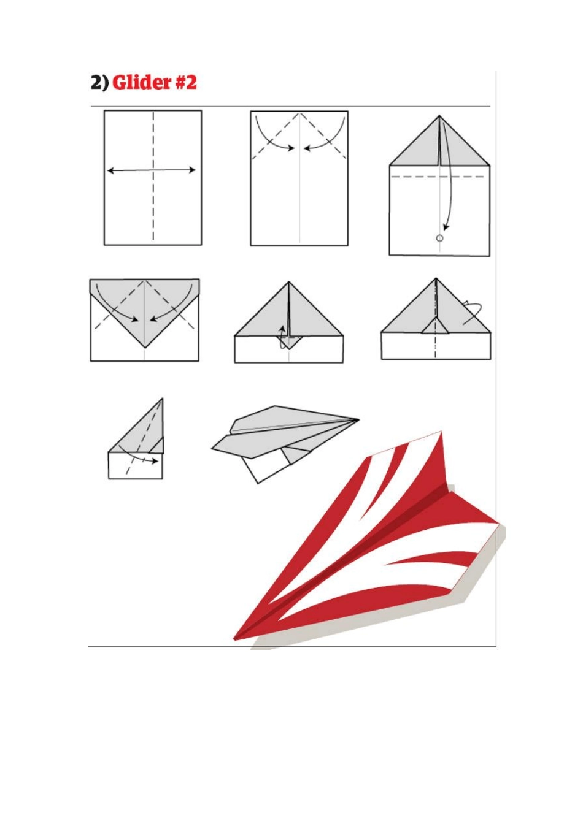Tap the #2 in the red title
[x=185, y=83]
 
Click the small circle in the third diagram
[x=439, y=238]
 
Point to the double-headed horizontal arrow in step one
[x=152, y=170]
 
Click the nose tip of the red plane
[x=234, y=639]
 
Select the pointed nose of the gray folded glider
[x=358, y=419]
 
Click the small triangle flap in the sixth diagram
[x=436, y=325]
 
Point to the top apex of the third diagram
[x=439, y=116]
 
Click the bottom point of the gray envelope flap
[x=145, y=348]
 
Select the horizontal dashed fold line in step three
[x=438, y=177]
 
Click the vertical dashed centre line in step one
[x=153, y=176]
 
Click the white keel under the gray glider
[x=265, y=466]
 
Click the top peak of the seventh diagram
[x=162, y=399]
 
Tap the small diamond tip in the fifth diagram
[x=289, y=343]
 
